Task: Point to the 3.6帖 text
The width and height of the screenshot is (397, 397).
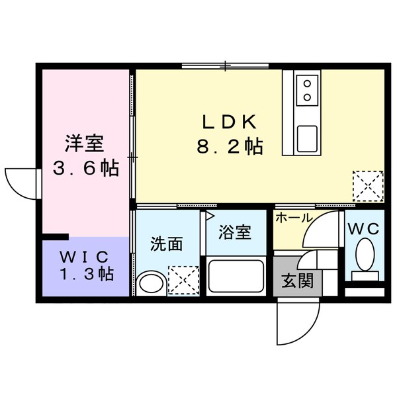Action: click(86, 168)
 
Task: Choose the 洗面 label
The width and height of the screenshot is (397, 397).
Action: click(166, 244)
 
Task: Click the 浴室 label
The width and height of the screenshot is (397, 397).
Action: click(236, 232)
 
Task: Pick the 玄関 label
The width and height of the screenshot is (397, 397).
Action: click(298, 282)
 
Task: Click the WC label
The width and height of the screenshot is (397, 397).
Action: click(363, 229)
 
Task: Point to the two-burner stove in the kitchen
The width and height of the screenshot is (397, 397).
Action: click(308, 91)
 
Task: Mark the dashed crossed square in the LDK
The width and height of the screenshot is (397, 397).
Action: click(367, 185)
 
